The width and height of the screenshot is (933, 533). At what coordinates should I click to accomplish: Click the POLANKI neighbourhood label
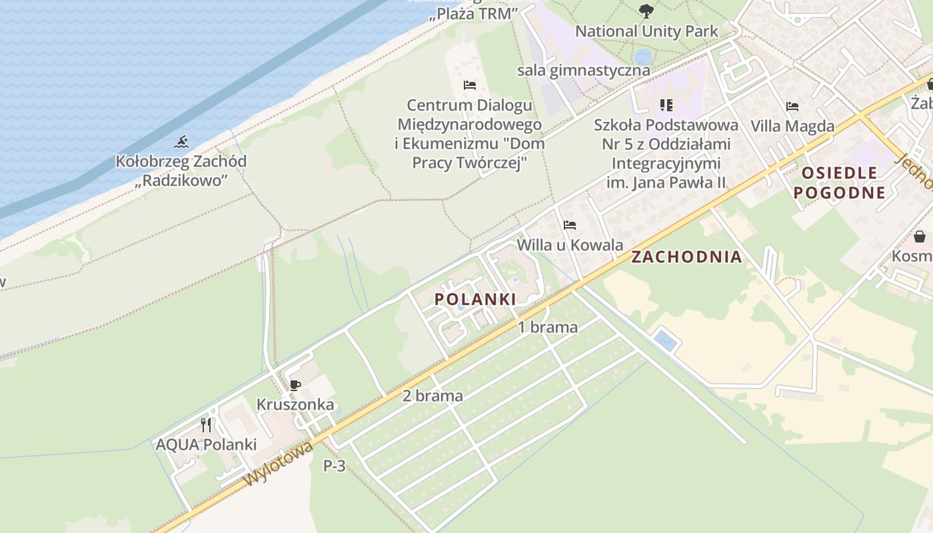[475, 299]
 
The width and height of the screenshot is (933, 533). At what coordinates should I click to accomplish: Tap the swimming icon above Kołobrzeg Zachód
[181, 142]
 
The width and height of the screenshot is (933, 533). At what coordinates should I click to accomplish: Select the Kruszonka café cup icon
[295, 385]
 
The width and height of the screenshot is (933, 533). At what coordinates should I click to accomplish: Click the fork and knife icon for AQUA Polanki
[206, 424]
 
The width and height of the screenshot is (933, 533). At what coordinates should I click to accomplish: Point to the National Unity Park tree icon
[646, 11]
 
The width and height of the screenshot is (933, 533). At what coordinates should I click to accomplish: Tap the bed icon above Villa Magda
[792, 107]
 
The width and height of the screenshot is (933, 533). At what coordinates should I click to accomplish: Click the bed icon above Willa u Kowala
[569, 225]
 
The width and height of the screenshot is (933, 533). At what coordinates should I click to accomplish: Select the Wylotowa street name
[279, 464]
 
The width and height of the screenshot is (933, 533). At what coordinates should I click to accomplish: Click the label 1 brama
[548, 327]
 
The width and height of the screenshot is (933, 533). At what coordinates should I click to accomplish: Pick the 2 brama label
[433, 396]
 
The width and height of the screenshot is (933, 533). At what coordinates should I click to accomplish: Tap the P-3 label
[335, 466]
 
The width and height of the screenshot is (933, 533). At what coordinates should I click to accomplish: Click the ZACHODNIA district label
[686, 257]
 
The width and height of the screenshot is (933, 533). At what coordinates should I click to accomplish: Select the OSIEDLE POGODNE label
[843, 183]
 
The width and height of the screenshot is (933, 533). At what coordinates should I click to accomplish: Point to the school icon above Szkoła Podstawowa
[666, 105]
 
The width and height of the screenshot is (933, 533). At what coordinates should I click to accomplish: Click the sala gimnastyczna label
[583, 71]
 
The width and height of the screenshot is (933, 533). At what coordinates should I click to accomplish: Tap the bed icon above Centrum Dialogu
[470, 85]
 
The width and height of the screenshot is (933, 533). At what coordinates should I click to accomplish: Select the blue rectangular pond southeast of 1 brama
[665, 340]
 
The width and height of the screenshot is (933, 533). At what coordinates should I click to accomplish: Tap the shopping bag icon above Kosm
[920, 237]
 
